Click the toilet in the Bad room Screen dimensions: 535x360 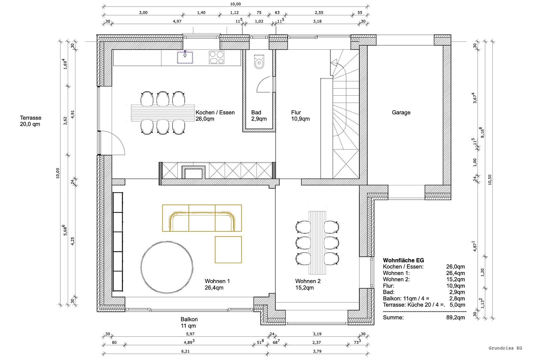(x=259, y=62)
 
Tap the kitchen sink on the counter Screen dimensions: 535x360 (x=185, y=57)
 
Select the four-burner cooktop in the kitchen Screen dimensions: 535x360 (x=217, y=57)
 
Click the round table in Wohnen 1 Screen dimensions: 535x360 (x=167, y=267)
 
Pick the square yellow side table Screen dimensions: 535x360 (x=228, y=250)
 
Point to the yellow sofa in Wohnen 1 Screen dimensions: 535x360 (x=202, y=218)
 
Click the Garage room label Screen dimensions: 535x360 (x=401, y=113)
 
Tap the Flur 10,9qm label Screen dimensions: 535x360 (x=300, y=116)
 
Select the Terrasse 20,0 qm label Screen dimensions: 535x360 (x=31, y=121)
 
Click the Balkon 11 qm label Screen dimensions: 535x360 (x=189, y=322)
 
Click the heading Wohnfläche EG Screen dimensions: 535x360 (x=403, y=260)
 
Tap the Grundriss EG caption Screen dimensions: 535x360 (x=505, y=348)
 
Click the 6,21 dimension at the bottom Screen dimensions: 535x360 (x=185, y=351)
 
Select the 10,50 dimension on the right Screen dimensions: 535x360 (x=490, y=180)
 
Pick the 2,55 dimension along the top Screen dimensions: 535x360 (x=319, y=12)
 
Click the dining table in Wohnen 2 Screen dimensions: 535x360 (x=317, y=243)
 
